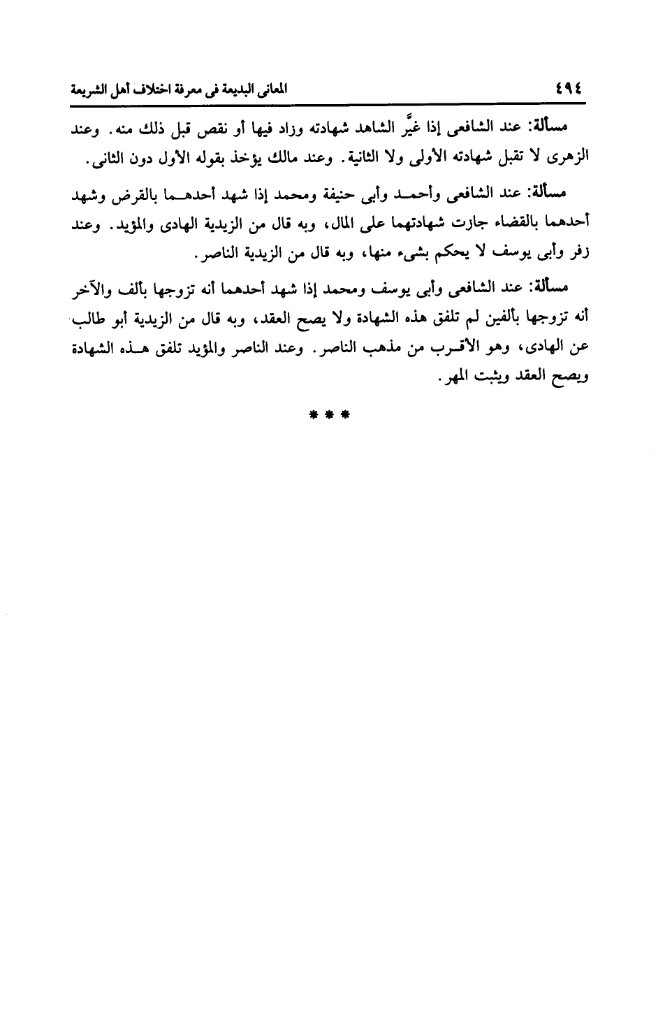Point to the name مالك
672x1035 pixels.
[289, 157]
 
